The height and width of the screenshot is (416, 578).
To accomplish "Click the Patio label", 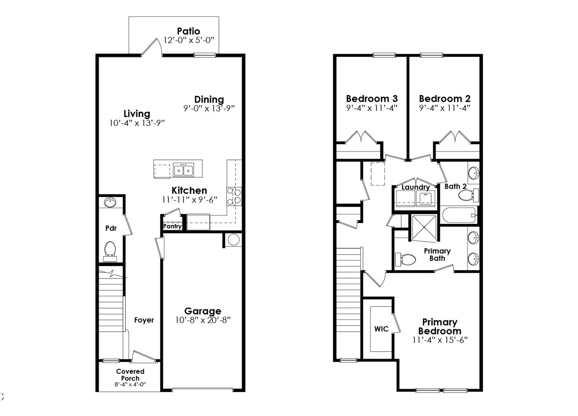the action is (189, 31).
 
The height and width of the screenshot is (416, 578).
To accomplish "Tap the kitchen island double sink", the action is (183, 170).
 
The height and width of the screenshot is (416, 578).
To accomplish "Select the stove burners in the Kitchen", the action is (234, 196).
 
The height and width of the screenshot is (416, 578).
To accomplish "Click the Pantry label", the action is (172, 226).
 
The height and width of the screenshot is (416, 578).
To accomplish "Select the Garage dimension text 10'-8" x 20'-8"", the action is (203, 320).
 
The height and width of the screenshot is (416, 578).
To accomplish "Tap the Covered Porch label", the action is (130, 375).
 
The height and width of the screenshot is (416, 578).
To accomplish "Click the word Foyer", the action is (144, 320).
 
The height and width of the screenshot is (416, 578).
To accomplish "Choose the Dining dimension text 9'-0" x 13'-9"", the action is (209, 108).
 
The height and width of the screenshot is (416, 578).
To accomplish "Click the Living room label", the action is (137, 114).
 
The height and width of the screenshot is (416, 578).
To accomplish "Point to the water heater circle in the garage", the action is (234, 240).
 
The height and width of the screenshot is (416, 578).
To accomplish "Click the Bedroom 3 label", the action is (372, 99).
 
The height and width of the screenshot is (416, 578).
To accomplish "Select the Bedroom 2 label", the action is (445, 99).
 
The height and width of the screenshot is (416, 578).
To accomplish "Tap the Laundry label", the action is (416, 187).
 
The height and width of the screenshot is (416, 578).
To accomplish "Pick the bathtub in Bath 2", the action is (460, 215).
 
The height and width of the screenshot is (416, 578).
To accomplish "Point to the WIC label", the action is (381, 329).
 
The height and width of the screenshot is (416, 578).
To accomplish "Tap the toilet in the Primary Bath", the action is (406, 260).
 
